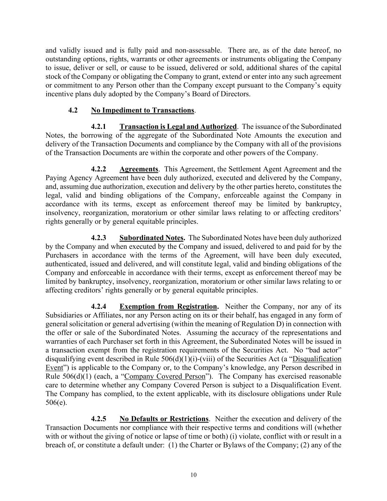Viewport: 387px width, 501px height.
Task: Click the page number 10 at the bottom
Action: (x=193, y=475)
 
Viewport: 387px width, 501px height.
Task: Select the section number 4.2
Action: (x=73, y=110)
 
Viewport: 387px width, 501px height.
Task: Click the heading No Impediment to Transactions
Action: (x=142, y=110)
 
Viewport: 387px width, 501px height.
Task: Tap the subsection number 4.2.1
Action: (x=99, y=127)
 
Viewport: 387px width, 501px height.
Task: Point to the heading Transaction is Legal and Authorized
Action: (x=178, y=127)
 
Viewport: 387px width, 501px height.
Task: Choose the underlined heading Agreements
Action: (x=139, y=169)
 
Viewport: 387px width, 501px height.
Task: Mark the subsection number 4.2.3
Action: (x=99, y=238)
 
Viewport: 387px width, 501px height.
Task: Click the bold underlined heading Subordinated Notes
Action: (x=151, y=238)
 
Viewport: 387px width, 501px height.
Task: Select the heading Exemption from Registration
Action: (x=168, y=306)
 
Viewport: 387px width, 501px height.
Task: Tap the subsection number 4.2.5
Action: (x=99, y=419)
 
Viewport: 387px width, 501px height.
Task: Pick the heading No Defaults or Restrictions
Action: (x=164, y=419)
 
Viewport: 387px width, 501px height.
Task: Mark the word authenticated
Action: (x=65, y=264)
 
